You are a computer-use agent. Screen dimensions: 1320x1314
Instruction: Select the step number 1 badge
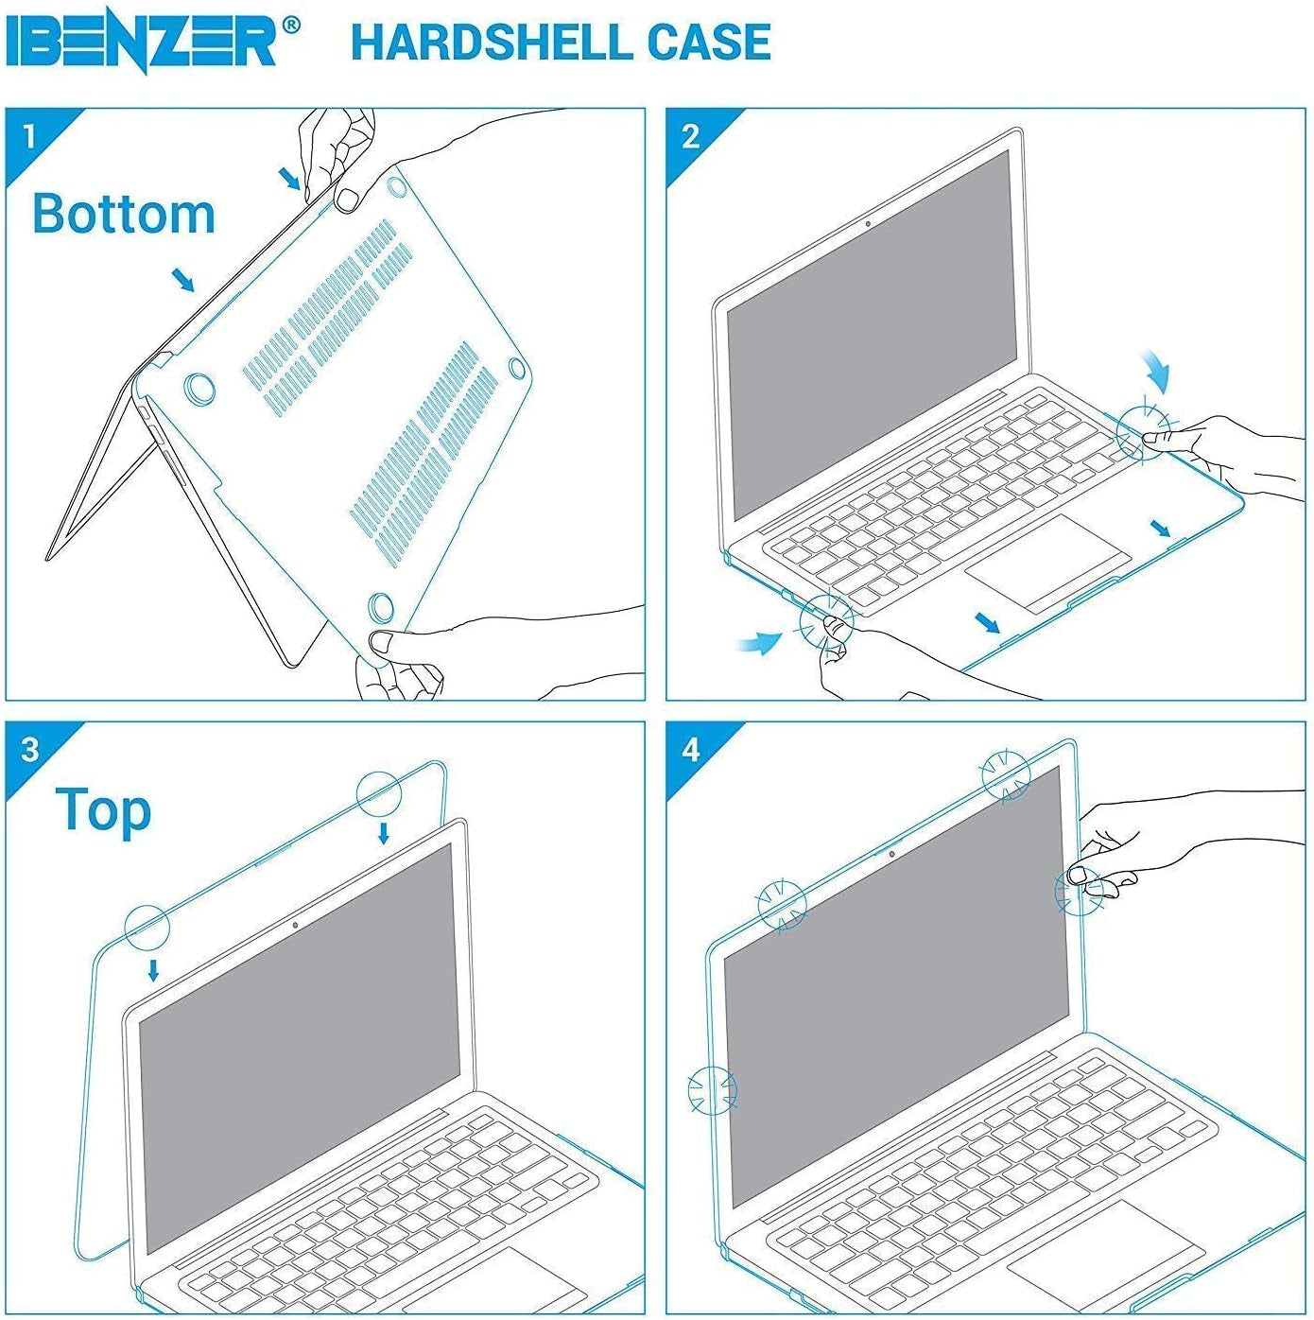click(x=29, y=135)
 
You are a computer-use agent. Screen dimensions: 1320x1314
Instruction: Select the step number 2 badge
click(x=690, y=136)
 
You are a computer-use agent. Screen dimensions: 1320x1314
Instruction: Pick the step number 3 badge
click(x=29, y=749)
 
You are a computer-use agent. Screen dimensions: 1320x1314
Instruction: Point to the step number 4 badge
click(x=690, y=749)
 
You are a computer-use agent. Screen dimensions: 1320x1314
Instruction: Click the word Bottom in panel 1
click(x=124, y=214)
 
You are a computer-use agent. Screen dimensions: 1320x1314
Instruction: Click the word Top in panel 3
click(x=103, y=810)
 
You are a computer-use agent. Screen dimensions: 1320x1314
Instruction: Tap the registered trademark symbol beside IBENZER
click(x=291, y=26)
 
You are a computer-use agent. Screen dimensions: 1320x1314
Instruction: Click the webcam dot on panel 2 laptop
click(x=868, y=224)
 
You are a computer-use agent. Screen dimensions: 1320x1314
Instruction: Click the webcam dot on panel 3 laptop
click(x=296, y=925)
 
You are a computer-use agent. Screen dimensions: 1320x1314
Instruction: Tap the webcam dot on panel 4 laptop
click(x=891, y=855)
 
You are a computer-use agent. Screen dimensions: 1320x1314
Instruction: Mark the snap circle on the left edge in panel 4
click(x=712, y=1090)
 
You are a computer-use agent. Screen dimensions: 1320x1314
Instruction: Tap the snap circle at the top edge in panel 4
click(x=1005, y=775)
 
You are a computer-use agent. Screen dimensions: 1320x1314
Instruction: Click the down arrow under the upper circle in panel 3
click(x=383, y=833)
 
